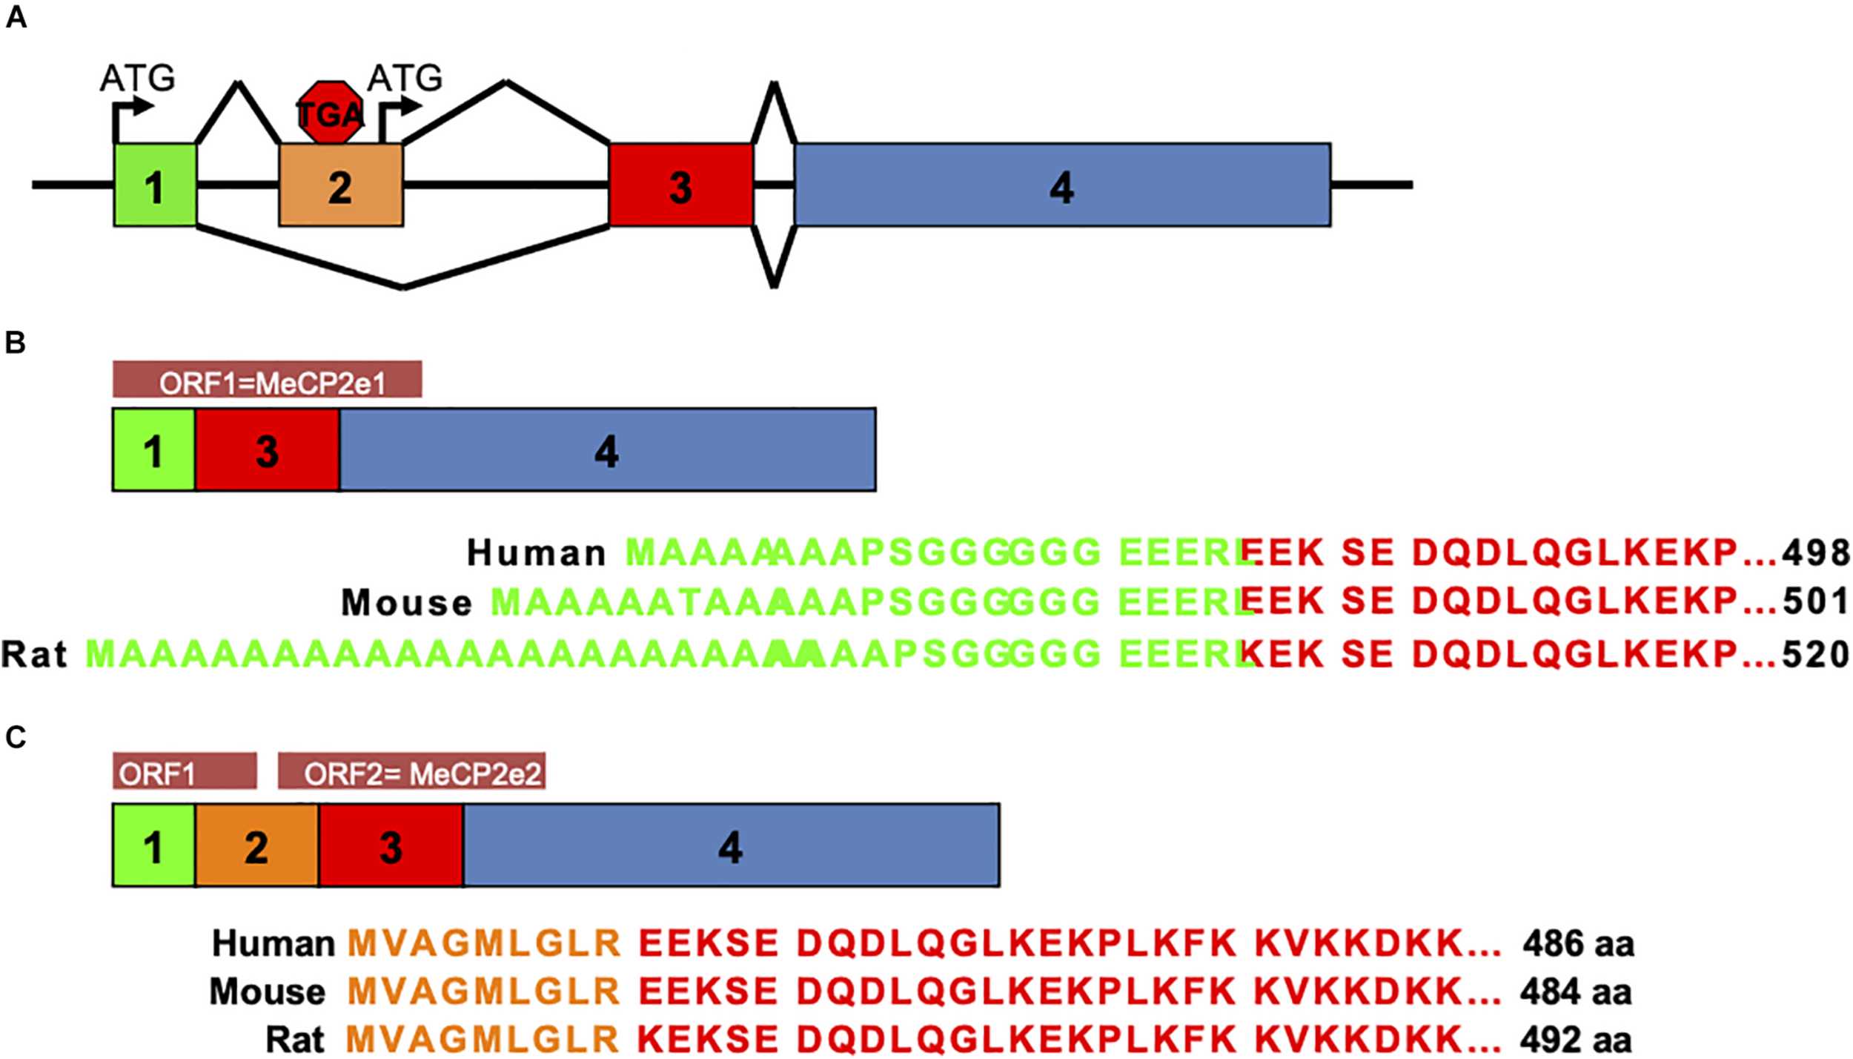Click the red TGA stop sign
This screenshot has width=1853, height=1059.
coord(331,113)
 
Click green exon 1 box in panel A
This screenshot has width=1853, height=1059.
coord(155,185)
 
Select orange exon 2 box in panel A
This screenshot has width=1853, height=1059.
coord(341,185)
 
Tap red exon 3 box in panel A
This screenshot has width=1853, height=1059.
coord(680,185)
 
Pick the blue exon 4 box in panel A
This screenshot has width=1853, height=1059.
coord(1062,185)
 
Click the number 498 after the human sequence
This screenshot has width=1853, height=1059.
coord(1816,553)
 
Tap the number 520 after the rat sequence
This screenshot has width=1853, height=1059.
coord(1816,654)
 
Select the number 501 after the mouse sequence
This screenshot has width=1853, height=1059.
coord(1816,601)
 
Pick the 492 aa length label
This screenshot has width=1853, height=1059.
coord(1576,1040)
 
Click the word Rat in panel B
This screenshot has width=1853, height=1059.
coord(34,654)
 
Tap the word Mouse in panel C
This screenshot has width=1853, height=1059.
coord(268,992)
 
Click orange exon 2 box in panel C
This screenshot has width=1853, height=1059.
coord(256,846)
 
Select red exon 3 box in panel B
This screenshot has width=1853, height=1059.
coord(268,450)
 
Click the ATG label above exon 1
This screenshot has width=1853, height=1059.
coord(137,78)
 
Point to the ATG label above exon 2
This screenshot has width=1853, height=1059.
coord(405,78)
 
